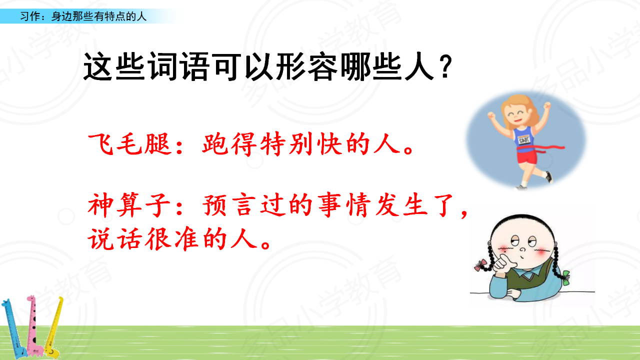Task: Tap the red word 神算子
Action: point(129,205)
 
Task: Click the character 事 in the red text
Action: point(329,205)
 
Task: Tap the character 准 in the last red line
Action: point(186,239)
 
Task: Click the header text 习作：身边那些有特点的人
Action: point(83,16)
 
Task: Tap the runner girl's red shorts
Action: point(527,156)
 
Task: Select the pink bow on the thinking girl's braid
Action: point(481,265)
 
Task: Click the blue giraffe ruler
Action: point(13,328)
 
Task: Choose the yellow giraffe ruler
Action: point(53,328)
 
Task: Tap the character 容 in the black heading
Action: point(323,67)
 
